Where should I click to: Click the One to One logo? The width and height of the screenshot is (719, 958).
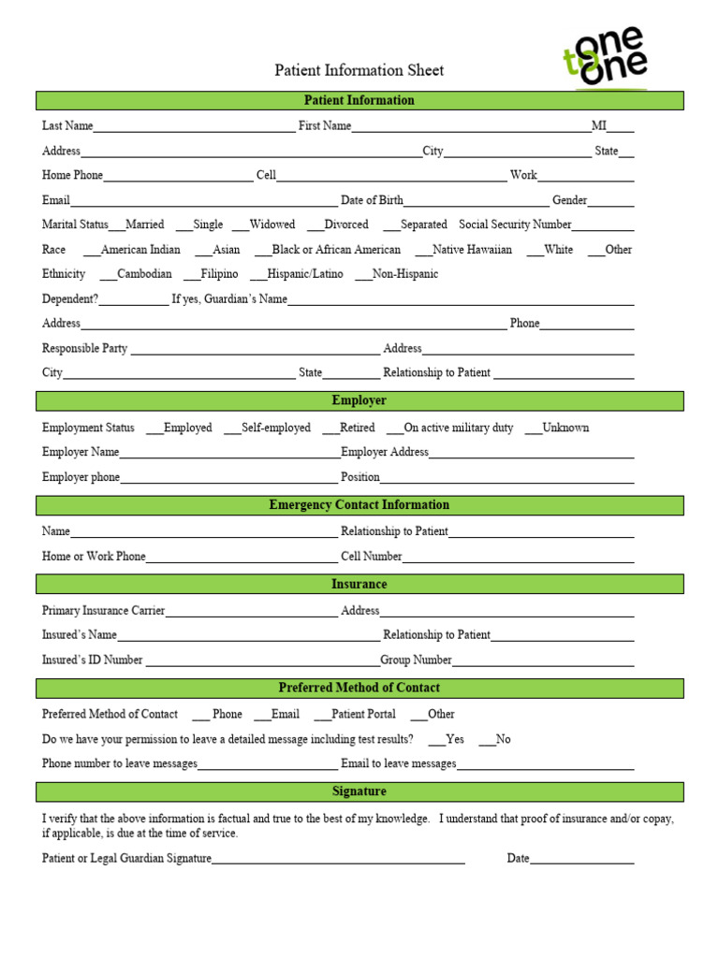click(605, 57)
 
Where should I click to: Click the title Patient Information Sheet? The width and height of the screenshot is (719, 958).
click(359, 70)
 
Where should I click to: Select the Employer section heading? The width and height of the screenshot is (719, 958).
click(359, 400)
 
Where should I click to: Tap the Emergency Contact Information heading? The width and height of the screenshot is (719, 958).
click(359, 505)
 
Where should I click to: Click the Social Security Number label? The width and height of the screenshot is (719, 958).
click(515, 225)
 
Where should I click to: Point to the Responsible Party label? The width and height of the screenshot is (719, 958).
click(84, 348)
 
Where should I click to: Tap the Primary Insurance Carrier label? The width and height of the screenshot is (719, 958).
click(103, 611)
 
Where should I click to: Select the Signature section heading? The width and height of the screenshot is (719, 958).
click(359, 791)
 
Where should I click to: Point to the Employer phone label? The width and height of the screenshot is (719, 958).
click(81, 477)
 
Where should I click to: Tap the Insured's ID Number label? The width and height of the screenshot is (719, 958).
click(92, 660)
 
